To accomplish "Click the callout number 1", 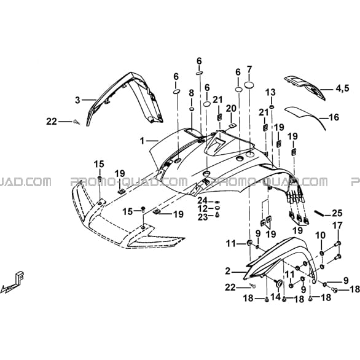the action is click(x=143, y=141).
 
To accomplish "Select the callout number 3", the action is click(x=78, y=100).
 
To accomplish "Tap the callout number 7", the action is click(x=249, y=69).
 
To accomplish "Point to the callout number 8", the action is click(x=191, y=93).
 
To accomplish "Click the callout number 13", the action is click(x=271, y=93).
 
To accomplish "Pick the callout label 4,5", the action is click(x=342, y=88).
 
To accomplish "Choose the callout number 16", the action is click(x=334, y=117).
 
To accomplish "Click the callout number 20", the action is click(x=231, y=108).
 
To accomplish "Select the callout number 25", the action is click(x=337, y=213).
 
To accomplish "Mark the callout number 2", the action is click(x=227, y=272).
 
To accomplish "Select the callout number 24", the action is click(x=203, y=200).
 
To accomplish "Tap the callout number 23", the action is click(x=203, y=217).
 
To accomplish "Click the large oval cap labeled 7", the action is click(x=249, y=85).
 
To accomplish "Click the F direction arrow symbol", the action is click(x=14, y=281).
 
